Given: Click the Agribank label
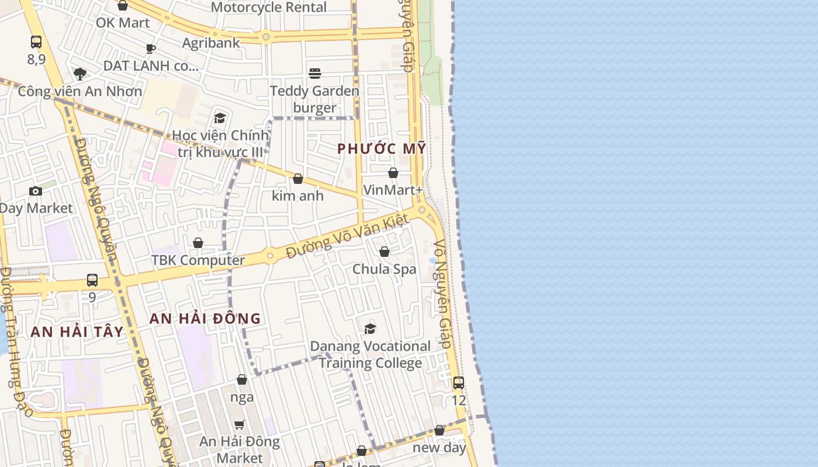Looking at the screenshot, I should (211, 43).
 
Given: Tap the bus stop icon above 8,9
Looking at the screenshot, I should (36, 42).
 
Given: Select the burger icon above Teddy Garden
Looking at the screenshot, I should (315, 73).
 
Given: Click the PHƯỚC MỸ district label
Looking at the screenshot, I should (382, 149).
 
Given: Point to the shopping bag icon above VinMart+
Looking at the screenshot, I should (393, 173).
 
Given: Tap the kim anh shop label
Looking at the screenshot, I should (297, 196).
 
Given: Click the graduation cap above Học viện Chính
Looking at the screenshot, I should (220, 119).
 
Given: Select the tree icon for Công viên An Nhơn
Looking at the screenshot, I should (80, 74).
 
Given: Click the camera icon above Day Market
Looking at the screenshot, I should (36, 191).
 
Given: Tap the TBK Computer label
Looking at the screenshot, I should (198, 260).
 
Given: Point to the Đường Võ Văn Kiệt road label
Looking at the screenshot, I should (347, 236).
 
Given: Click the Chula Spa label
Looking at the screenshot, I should (384, 269).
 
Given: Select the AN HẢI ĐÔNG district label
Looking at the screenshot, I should (205, 319).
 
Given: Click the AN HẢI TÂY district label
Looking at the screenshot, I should (77, 332).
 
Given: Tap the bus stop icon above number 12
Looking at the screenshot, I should (459, 383).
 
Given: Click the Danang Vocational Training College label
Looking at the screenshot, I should (370, 354).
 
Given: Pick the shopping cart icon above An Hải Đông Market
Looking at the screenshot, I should (239, 424).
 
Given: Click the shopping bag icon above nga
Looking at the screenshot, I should (242, 380).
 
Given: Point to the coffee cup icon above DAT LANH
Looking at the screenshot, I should (151, 48).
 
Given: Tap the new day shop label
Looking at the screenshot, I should (439, 448).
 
